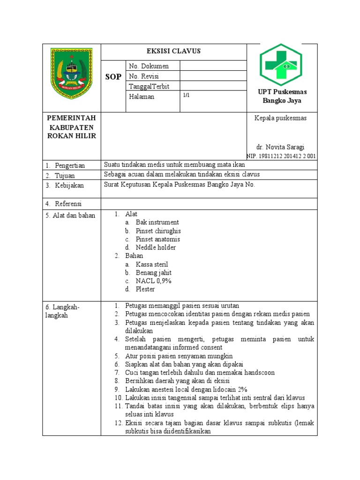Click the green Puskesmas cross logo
tap(281, 64)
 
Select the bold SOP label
tap(113, 76)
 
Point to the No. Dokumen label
tap(149, 66)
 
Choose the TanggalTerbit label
tap(149, 86)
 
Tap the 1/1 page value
tap(186, 96)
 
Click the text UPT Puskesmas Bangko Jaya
tap(282, 96)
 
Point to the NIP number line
tap(281, 156)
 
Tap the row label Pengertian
tap(70, 165)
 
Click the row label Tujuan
tap(66, 175)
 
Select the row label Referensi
tap(68, 203)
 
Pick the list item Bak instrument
tap(157, 223)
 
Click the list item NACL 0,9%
tap(154, 281)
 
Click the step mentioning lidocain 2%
tap(186, 390)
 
